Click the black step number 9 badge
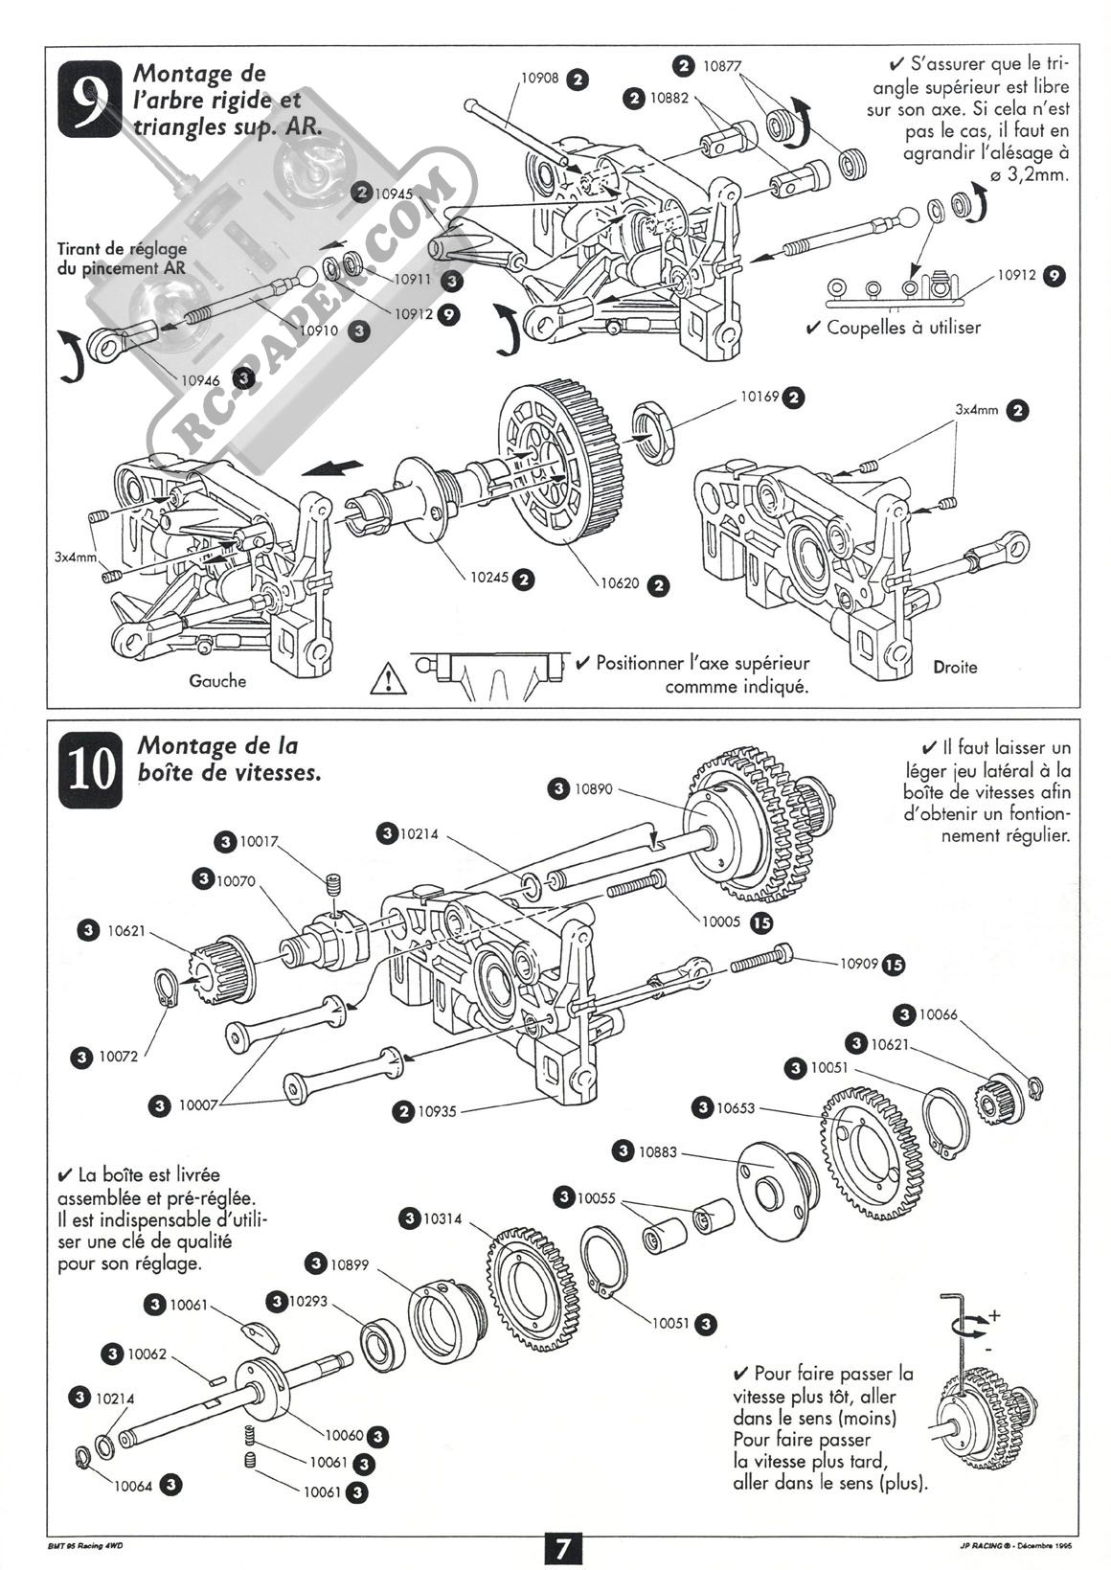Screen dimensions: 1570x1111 click(90, 98)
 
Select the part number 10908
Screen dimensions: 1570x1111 click(539, 80)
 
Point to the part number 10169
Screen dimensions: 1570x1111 click(760, 396)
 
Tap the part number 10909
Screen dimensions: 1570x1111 click(859, 964)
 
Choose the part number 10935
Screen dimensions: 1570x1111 click(438, 1111)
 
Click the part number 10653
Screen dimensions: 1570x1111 click(736, 1107)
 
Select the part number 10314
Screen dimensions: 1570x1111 click(442, 1218)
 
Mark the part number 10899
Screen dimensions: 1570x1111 click(350, 1264)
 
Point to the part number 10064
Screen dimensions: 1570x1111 click(133, 1486)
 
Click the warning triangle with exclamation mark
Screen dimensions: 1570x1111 click(387, 678)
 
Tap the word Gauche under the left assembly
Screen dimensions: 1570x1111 click(217, 681)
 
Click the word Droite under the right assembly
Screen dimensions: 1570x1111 click(954, 667)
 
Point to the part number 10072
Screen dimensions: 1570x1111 click(119, 1057)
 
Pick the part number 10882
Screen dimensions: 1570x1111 click(669, 97)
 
